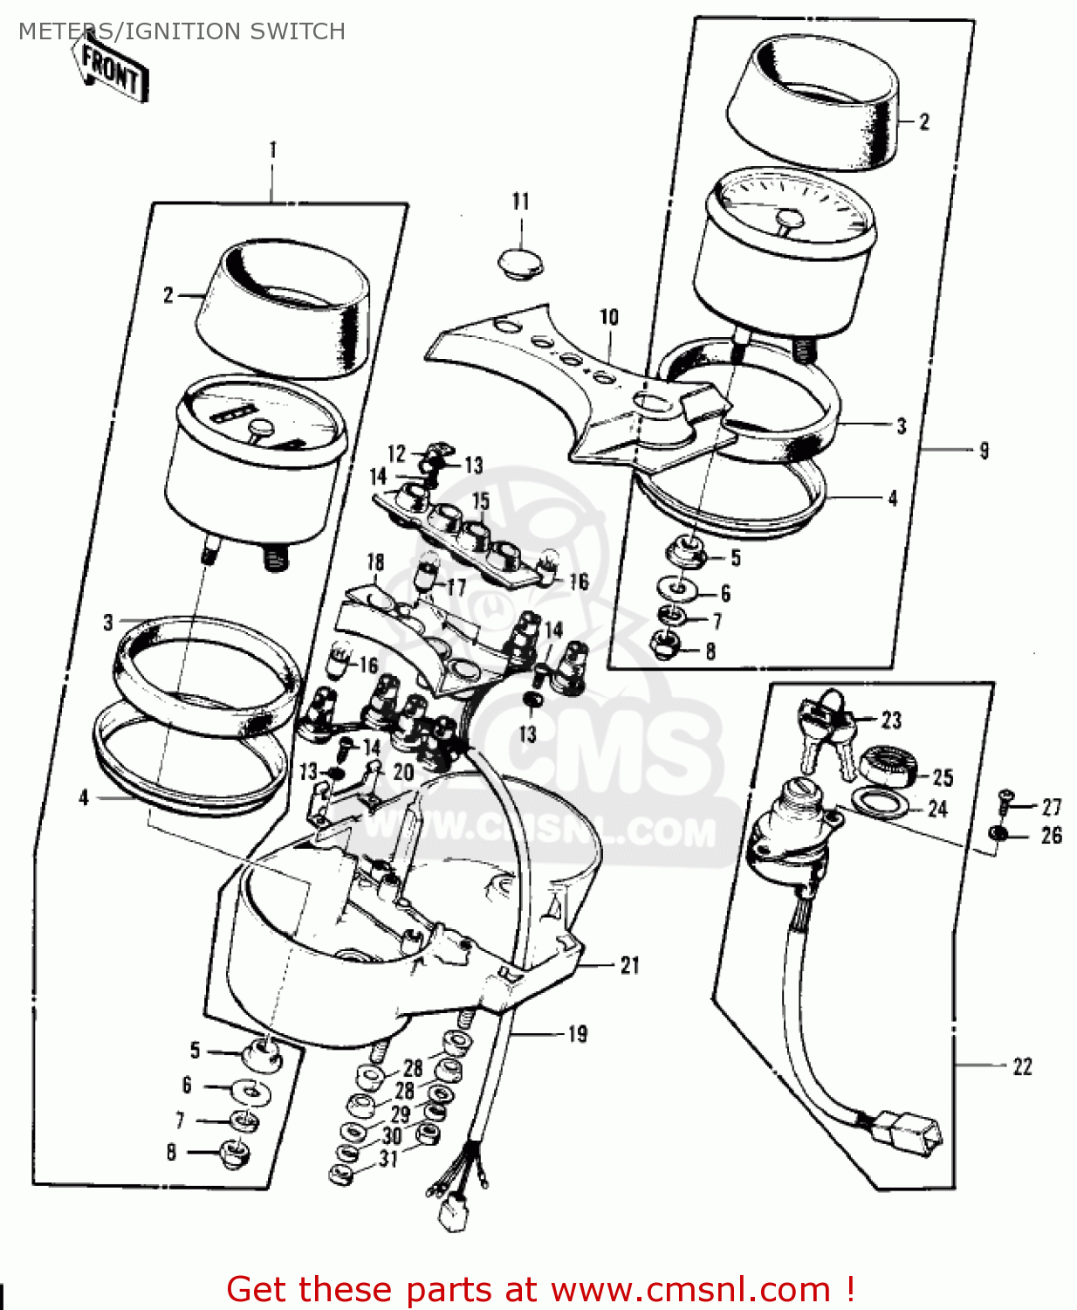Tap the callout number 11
520,202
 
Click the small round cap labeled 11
520,263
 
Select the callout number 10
609,317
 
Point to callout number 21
629,965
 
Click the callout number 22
1022,1067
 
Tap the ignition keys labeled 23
825,733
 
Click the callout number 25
943,777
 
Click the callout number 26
1052,836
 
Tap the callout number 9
984,451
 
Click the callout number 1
272,150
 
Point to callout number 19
577,1034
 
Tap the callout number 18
375,562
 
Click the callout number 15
480,500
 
